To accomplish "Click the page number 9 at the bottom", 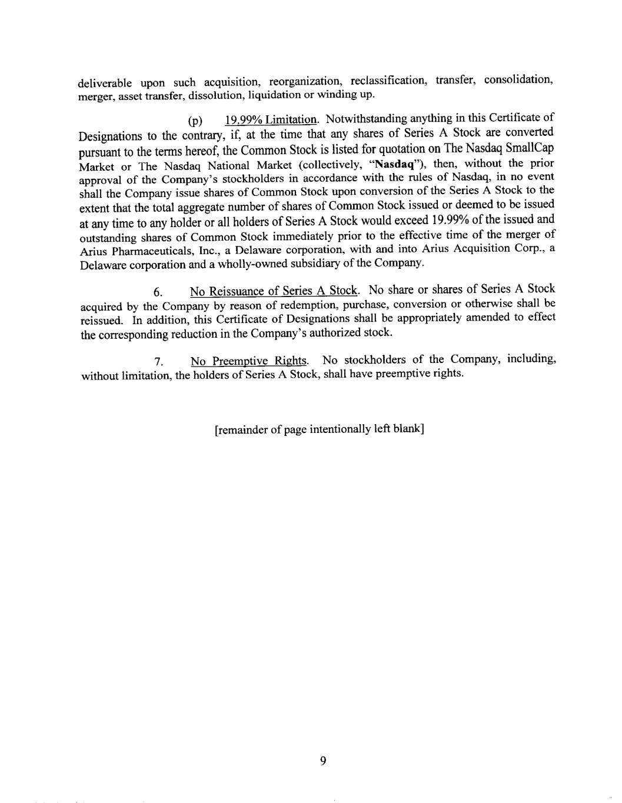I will click(322, 761).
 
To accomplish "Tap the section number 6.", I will click(158, 292).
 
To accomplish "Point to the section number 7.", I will click(158, 362).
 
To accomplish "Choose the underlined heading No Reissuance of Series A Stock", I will click(274, 291).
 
